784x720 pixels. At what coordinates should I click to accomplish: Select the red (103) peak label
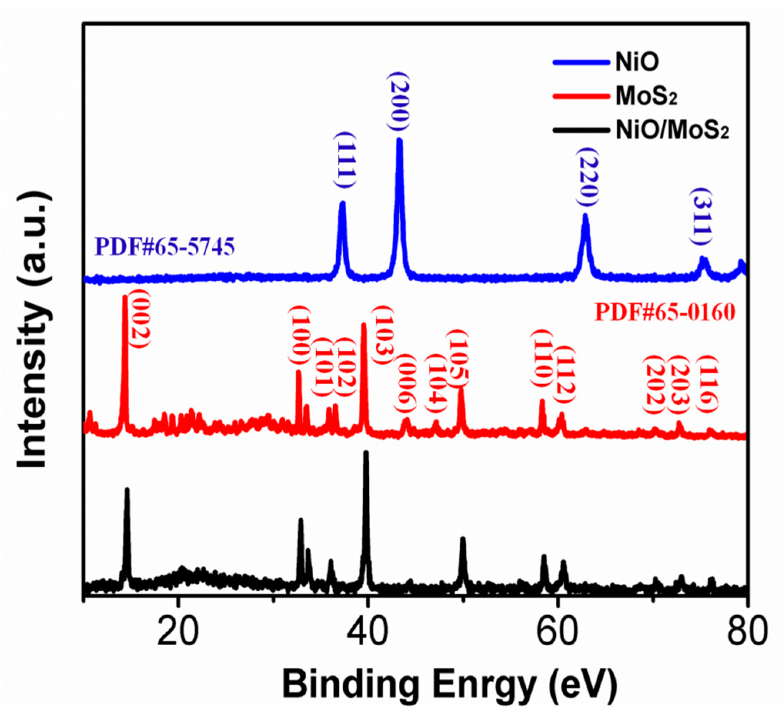(383, 335)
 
